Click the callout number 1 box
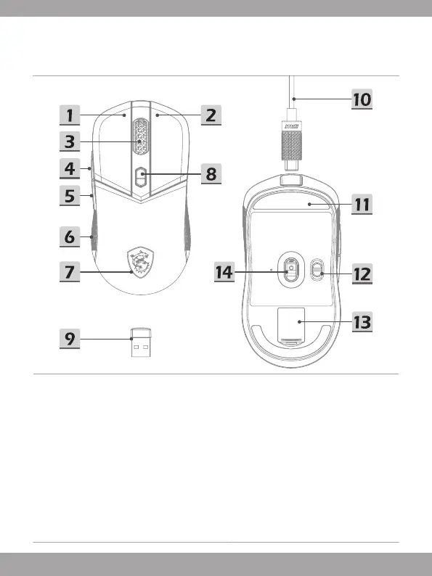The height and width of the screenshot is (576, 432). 70,115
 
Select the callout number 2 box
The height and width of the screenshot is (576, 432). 211,115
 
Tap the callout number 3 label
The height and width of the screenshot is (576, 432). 70,141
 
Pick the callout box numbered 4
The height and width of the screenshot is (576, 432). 70,169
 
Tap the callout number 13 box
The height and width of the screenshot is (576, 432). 362,322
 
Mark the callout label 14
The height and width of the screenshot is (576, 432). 224,272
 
